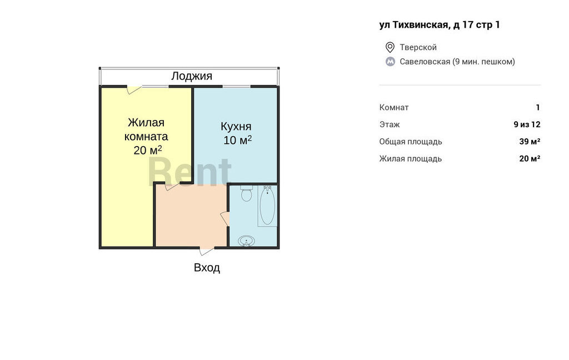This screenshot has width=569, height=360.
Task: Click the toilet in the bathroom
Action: (246, 193)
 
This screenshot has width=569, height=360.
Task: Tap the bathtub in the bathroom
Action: (267, 206)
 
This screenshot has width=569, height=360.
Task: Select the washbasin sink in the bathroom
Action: (246, 241)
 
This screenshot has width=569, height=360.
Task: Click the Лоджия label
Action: (192, 76)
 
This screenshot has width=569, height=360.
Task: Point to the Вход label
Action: (207, 268)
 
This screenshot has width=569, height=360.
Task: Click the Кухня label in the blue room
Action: (236, 126)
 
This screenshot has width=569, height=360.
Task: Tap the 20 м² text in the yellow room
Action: (148, 150)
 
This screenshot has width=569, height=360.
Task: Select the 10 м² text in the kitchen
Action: (238, 140)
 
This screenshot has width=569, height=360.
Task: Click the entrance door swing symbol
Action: (207, 251)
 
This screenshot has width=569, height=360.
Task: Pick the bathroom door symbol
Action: (225, 219)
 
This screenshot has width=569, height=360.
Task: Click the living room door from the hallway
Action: (172, 187)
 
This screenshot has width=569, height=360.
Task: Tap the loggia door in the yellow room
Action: (134, 89)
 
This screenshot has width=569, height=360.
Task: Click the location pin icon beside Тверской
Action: (390, 47)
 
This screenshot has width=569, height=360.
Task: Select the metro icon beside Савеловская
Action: (390, 62)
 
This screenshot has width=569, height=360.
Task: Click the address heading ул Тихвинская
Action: (440, 24)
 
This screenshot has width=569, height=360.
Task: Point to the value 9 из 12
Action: (527, 124)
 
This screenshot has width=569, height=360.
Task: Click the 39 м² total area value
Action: (530, 141)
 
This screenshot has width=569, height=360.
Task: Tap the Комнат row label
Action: (394, 107)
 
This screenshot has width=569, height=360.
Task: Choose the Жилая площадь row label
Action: (411, 158)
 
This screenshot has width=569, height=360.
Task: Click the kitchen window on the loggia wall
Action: (236, 86)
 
